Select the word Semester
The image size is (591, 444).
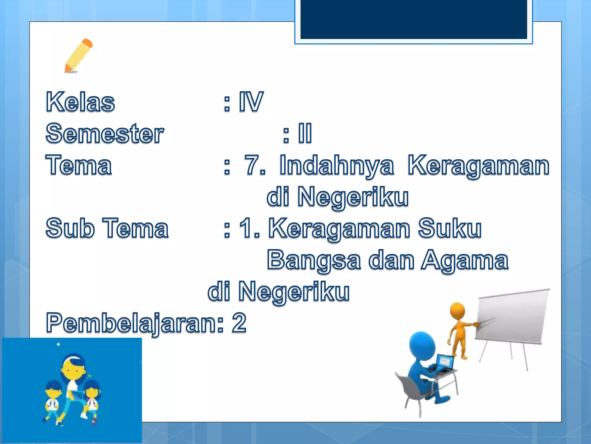[105, 133]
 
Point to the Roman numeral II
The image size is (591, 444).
[305, 133]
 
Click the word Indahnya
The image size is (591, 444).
[336, 165]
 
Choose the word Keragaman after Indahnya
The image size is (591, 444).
[478, 165]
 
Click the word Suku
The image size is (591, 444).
[450, 228]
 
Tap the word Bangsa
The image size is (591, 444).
[314, 260]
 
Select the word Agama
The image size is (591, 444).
[465, 260]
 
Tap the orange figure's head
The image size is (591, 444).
[457, 311]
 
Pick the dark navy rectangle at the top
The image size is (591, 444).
[414, 19]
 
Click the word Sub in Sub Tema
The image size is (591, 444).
[70, 228]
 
